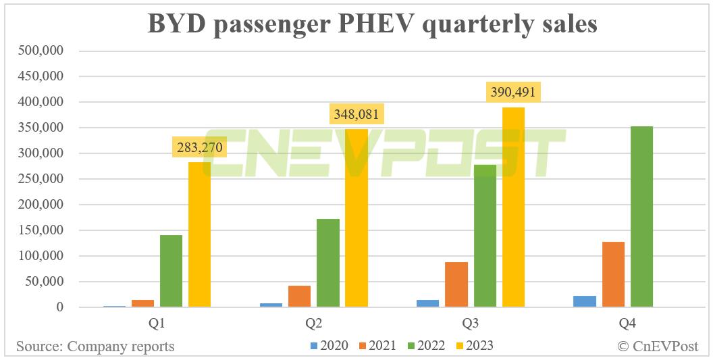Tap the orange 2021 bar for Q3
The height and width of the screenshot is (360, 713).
(456, 284)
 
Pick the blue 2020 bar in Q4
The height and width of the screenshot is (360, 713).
(585, 301)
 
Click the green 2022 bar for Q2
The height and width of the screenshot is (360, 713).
(328, 263)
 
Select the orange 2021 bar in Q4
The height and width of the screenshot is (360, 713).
(613, 274)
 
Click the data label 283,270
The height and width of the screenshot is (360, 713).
(199, 147)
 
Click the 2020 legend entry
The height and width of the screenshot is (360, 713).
(329, 346)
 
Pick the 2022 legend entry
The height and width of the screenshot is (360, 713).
(425, 346)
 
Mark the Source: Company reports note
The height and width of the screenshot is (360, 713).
(95, 346)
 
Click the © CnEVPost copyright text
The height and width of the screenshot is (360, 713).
(660, 346)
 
